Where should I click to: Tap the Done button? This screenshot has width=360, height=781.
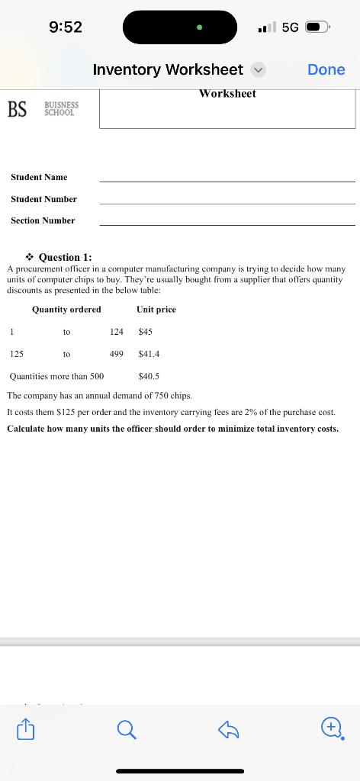[x=326, y=69]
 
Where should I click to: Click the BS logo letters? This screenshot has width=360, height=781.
[x=17, y=111]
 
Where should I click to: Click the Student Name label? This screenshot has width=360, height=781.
[x=39, y=177]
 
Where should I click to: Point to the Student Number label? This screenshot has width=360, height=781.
[x=43, y=199]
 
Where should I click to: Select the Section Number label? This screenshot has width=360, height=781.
[x=43, y=220]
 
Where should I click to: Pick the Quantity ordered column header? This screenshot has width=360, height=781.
[x=66, y=309]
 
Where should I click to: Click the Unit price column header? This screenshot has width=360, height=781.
[x=156, y=309]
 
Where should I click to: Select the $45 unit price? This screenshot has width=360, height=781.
[x=146, y=332]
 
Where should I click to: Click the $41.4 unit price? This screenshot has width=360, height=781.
[x=149, y=354]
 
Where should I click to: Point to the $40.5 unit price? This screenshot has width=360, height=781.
[x=149, y=376]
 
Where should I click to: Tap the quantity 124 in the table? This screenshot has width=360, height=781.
[x=117, y=332]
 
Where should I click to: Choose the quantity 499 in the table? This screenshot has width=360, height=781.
[x=117, y=354]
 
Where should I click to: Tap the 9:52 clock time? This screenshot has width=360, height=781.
[x=65, y=27]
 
